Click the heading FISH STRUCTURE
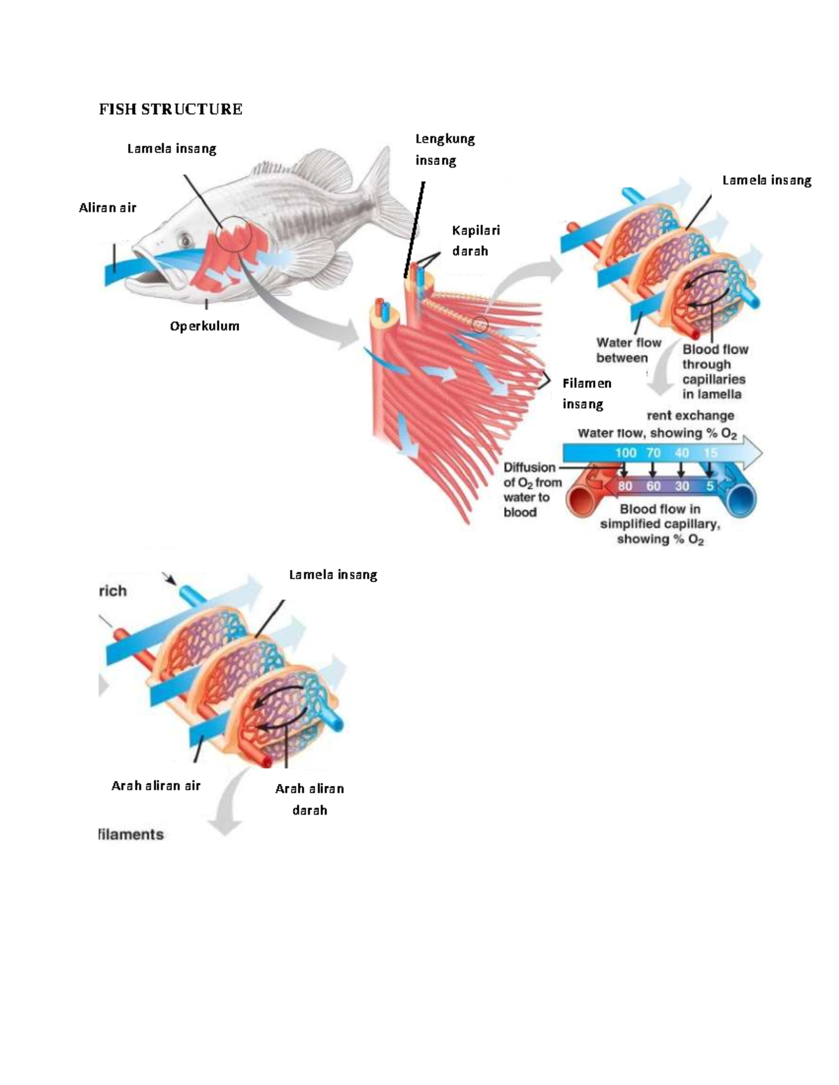point(171,109)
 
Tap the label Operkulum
point(204,326)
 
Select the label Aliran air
point(108,207)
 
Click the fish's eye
point(186,240)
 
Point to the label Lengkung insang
point(445,150)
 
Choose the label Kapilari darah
point(475,240)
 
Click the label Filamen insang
point(587,393)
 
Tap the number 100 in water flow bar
point(625,453)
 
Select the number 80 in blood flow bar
point(625,486)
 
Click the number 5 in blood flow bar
point(709,486)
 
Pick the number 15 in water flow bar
point(710,453)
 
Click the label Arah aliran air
point(156,785)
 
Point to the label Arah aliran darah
point(309,799)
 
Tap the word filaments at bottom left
point(131,834)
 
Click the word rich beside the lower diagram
point(113,591)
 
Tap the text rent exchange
point(690,415)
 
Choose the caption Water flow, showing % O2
point(657,433)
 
